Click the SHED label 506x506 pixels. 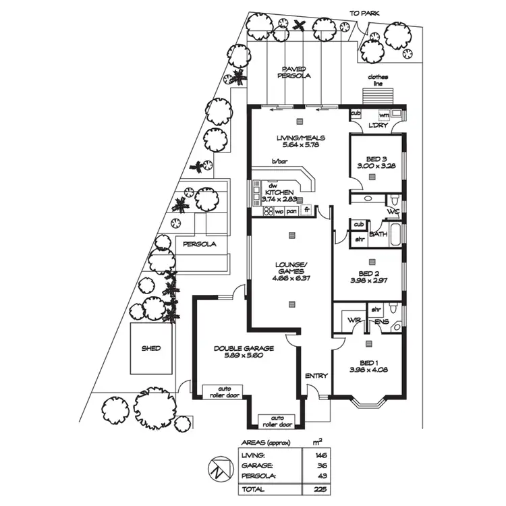pos(151,348)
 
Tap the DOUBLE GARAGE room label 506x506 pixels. pos(244,348)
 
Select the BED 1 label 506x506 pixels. pos(370,362)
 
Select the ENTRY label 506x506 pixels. pos(316,376)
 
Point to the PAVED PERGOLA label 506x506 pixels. pos(293,72)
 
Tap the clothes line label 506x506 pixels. pos(378,80)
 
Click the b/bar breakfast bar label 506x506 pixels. pos(279,161)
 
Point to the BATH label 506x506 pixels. pos(377,233)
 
